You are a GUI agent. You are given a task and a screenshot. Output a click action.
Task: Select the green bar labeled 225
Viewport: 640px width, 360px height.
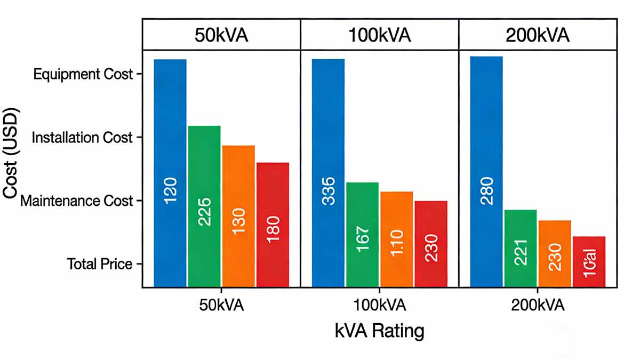pos(204,206)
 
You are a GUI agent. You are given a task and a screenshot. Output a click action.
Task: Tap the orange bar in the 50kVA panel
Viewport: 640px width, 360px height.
pos(238,215)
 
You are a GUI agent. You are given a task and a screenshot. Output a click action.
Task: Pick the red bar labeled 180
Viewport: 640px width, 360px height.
pos(273,224)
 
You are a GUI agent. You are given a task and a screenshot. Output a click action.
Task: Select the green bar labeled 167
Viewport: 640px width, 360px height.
pos(363,234)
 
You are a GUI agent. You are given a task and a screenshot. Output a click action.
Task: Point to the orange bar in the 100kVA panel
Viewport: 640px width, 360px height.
pos(397,238)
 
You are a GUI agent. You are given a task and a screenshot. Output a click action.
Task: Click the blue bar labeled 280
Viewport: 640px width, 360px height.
pos(486,171)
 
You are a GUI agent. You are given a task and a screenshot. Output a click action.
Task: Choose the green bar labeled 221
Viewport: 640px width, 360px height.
pos(521,248)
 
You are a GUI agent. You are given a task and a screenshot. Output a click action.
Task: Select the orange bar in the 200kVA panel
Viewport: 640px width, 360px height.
pos(555,253)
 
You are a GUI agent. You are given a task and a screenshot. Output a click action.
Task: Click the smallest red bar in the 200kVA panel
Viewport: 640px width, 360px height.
pos(589,261)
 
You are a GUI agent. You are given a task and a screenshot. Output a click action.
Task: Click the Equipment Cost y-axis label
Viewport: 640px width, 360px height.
pos(83,74)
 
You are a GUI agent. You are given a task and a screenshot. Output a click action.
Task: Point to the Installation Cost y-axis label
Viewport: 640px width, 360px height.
pos(82,138)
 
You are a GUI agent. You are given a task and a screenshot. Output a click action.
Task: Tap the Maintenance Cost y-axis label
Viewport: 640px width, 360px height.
pos(76,201)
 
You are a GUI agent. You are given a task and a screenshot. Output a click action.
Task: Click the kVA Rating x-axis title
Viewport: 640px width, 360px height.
pos(380,331)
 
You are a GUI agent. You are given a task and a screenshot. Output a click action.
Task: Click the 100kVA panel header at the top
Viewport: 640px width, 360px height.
pos(380,35)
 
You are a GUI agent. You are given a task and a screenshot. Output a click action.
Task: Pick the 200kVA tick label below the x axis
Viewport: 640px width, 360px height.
pos(538,306)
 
